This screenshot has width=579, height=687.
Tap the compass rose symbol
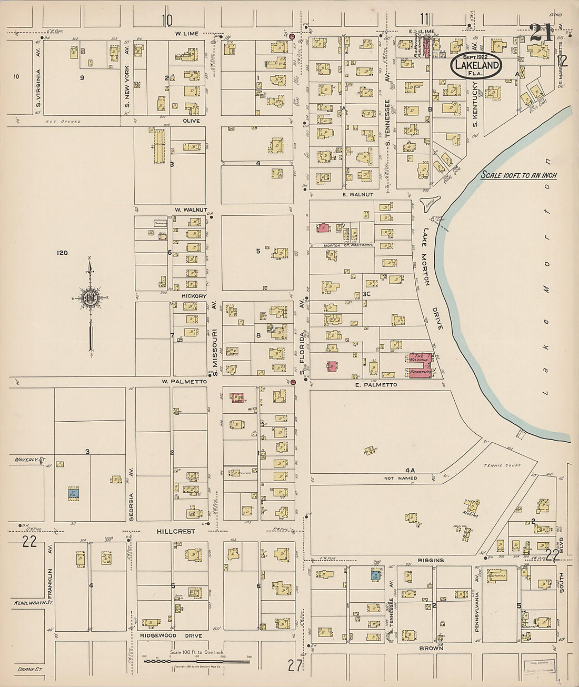[91, 297]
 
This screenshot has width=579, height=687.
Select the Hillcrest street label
[175, 532]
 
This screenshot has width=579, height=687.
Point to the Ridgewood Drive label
[171, 636]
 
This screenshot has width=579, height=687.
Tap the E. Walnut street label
[357, 195]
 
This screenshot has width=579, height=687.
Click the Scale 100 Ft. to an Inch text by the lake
[518, 175]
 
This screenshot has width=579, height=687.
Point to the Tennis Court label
[502, 465]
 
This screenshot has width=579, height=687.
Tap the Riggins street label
[431, 561]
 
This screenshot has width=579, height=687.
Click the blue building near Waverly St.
[73, 493]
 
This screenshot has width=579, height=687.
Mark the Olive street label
[191, 121]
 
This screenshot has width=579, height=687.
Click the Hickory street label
[194, 296]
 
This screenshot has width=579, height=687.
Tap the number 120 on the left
[62, 253]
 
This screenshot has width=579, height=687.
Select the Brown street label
[431, 649]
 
